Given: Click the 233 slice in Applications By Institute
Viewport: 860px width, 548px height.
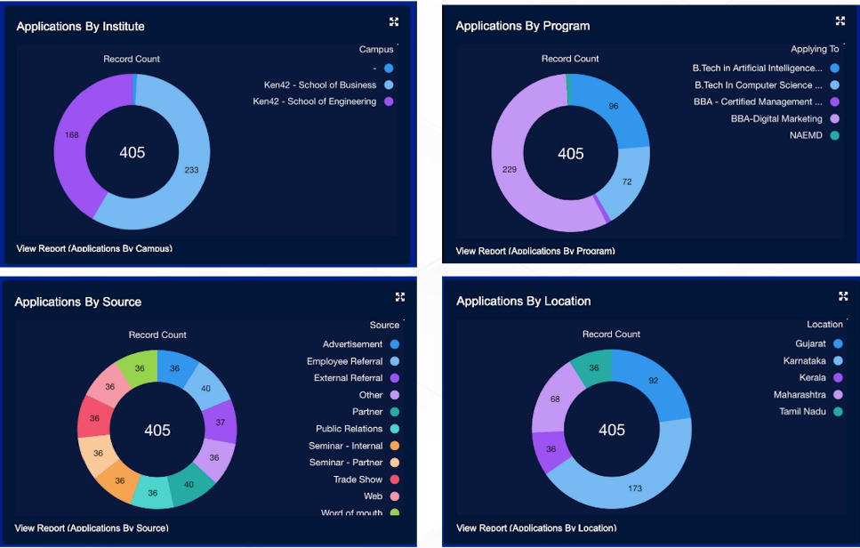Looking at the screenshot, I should [x=191, y=170].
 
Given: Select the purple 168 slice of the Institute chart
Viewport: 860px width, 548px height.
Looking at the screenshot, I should [x=72, y=135].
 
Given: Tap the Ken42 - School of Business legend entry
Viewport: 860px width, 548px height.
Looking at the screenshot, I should [x=320, y=85].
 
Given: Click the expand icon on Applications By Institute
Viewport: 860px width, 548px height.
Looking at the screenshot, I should [x=394, y=22].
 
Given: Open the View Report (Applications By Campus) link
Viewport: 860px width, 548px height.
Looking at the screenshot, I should [x=94, y=248].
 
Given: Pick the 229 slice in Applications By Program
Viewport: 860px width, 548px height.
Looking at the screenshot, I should [x=510, y=169].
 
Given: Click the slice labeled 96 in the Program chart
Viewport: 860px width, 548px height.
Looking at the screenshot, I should [x=614, y=107].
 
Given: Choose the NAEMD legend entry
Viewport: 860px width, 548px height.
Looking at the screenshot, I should [x=807, y=136].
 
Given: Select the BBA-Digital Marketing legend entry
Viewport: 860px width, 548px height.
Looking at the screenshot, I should [x=776, y=119].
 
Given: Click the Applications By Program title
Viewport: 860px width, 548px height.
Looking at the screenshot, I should [x=523, y=26].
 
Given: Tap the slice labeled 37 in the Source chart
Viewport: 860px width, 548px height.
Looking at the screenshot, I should [x=221, y=423].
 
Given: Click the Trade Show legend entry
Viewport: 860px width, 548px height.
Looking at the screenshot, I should [x=358, y=479].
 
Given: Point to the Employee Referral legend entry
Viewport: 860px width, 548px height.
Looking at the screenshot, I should [x=345, y=361].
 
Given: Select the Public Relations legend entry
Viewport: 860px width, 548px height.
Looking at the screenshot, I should [x=350, y=429].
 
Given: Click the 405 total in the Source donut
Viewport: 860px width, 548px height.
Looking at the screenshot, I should [x=157, y=431].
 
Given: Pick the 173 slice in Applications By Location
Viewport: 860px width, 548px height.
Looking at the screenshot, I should [x=635, y=488].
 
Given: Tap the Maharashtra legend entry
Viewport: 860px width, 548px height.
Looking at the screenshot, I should [x=800, y=395].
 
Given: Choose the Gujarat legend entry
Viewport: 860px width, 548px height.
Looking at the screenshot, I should [x=810, y=343].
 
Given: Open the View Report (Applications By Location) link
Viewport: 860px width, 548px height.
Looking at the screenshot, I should [x=536, y=528].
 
